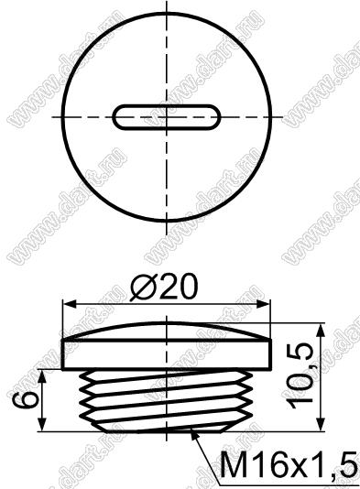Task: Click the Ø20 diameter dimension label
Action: coord(164,288)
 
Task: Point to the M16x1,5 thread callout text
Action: coord(289,466)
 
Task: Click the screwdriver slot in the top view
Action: coord(167,117)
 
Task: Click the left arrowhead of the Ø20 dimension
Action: coord(70,303)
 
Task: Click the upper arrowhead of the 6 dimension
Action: coord(43,376)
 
